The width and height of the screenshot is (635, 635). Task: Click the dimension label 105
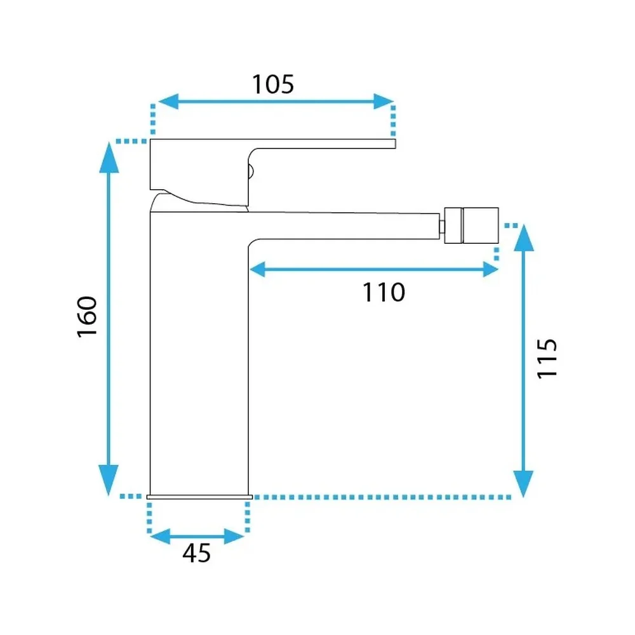click(273, 84)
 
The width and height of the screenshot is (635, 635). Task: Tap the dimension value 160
click(87, 317)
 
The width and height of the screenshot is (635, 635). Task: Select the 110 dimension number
click(384, 292)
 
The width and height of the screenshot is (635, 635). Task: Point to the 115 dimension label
click(547, 359)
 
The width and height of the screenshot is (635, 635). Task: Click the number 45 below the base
click(196, 553)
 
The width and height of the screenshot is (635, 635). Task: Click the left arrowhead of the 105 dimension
click(168, 101)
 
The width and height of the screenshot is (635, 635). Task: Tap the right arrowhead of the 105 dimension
click(383, 101)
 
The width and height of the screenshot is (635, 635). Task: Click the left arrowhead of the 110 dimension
click(258, 269)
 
